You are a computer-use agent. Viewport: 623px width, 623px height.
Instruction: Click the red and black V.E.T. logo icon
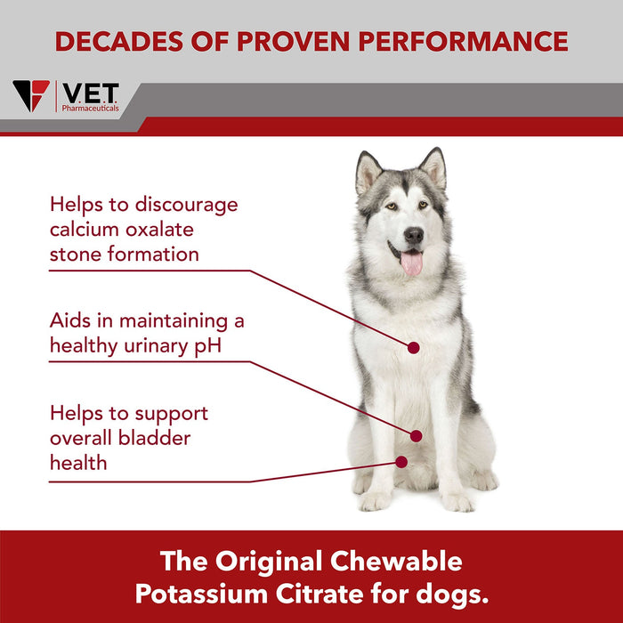tap(31, 95)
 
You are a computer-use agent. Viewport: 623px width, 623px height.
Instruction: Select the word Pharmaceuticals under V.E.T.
tap(90, 107)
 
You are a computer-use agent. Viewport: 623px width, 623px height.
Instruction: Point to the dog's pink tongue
tap(411, 263)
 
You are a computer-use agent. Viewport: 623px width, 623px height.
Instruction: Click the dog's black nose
tap(414, 235)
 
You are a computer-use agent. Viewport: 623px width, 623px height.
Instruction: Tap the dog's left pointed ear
tap(368, 171)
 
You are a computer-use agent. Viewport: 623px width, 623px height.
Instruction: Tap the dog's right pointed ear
tap(434, 166)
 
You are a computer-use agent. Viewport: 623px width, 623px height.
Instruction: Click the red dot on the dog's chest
tap(413, 347)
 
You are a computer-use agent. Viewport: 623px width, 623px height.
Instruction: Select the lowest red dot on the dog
tap(401, 462)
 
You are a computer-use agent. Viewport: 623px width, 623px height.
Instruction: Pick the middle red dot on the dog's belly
tap(416, 435)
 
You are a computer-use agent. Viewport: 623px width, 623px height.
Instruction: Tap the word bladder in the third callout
tap(157, 438)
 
